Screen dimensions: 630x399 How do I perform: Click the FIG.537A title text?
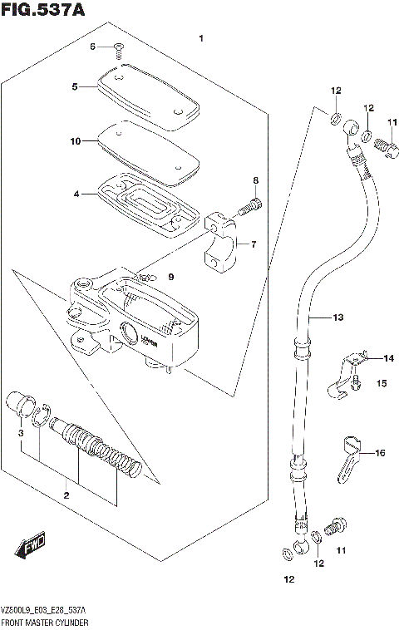point(44,10)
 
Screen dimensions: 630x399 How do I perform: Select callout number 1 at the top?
point(199,38)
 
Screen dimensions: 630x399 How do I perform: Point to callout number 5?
point(74,86)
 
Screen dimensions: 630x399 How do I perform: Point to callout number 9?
point(172,277)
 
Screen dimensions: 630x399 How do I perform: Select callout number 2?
point(66,495)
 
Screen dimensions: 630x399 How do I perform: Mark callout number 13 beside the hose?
point(337,317)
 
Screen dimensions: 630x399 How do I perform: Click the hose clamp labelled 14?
point(352,362)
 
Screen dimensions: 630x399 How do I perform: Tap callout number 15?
point(382,383)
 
